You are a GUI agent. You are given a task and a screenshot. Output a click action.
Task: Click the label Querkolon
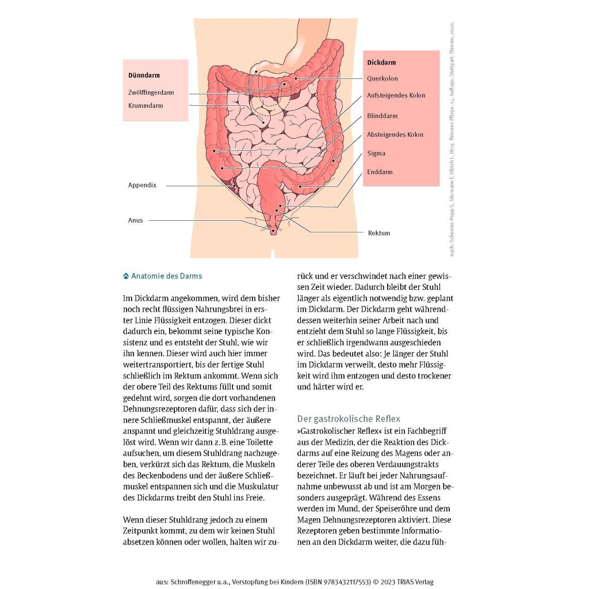click(x=383, y=79)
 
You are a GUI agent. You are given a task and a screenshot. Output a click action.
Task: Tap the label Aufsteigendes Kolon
click(x=396, y=95)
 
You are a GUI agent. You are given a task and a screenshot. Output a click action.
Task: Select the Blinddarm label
click(x=382, y=116)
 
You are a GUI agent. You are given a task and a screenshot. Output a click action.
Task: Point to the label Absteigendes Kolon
click(x=395, y=135)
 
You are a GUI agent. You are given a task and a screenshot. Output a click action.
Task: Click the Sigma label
click(x=376, y=154)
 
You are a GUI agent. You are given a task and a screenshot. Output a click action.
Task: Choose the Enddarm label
click(x=380, y=172)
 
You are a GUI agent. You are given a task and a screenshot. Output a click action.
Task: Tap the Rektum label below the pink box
click(x=379, y=233)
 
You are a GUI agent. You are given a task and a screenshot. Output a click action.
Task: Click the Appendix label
click(x=142, y=185)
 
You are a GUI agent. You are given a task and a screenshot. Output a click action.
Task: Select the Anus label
click(x=136, y=220)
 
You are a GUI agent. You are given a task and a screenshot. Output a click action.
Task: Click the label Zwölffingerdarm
click(x=151, y=93)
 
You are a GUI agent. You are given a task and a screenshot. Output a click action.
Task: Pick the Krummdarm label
click(x=146, y=106)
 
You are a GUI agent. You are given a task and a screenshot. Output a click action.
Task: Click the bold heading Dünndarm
click(x=144, y=75)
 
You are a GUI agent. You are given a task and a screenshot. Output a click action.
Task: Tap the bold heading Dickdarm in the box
click(x=381, y=63)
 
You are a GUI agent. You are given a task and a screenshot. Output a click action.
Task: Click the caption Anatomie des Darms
click(x=167, y=276)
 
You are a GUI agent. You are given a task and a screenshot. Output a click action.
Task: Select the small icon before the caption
click(x=126, y=276)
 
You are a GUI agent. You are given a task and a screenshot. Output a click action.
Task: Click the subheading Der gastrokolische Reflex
click(x=349, y=419)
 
